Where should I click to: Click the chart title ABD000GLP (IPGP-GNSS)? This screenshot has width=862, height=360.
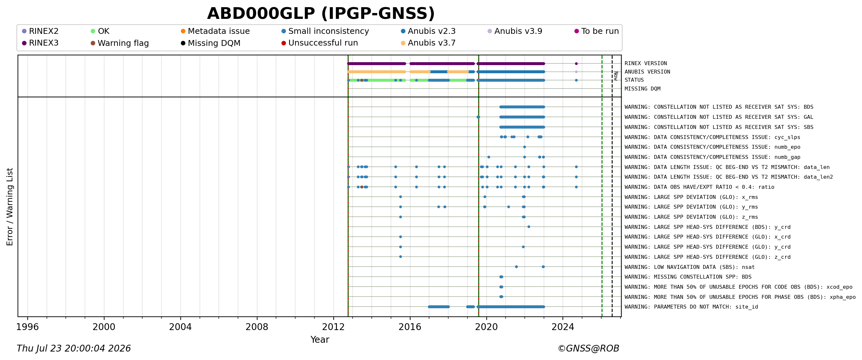(x=321, y=14)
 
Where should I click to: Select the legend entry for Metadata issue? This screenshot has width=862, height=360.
(x=215, y=31)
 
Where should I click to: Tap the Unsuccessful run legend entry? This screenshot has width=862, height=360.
(x=320, y=43)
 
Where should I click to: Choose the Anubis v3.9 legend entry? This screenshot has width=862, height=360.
(x=515, y=31)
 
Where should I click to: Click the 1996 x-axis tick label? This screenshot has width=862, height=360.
(x=27, y=327)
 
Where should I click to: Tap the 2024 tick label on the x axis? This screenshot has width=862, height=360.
(x=563, y=327)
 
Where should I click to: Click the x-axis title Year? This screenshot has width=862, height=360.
(x=320, y=339)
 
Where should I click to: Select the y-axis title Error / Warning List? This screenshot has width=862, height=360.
(x=10, y=207)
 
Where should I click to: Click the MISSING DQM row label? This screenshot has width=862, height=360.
(x=643, y=89)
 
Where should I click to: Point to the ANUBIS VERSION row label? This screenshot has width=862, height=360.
(x=647, y=72)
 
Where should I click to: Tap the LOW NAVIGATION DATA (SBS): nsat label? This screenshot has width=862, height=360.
(x=690, y=267)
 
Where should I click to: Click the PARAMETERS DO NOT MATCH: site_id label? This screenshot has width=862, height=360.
(x=691, y=307)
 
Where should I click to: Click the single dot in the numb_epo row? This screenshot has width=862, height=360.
(x=524, y=147)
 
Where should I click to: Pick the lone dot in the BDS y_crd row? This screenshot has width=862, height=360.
(x=529, y=227)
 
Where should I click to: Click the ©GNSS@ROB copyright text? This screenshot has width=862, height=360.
(x=588, y=349)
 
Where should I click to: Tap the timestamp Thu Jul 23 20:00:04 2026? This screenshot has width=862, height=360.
(x=74, y=349)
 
